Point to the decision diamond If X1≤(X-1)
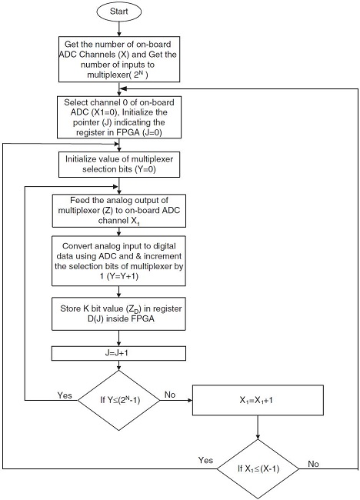point(258,468)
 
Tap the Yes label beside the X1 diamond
point(205,459)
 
